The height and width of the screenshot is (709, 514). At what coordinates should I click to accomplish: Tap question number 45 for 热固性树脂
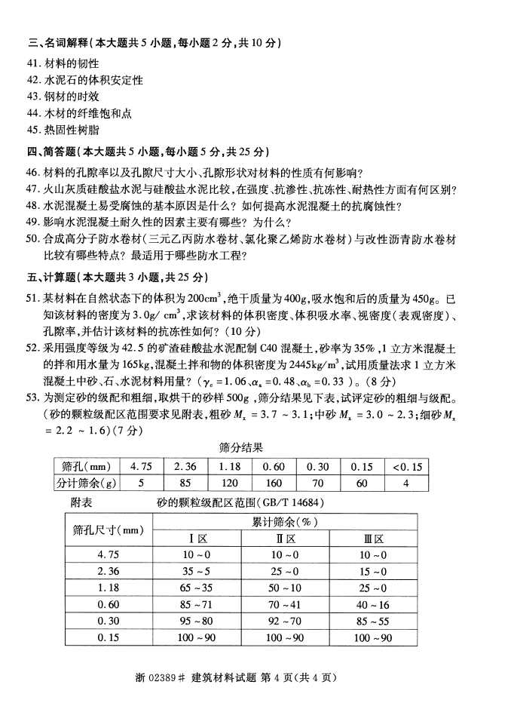click(32, 130)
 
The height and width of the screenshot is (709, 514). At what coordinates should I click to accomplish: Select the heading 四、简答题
click(53, 151)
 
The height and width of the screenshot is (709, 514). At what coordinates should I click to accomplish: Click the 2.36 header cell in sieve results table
click(185, 466)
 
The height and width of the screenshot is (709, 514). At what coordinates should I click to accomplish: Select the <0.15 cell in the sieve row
click(407, 466)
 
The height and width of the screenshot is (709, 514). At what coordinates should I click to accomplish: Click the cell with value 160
click(274, 483)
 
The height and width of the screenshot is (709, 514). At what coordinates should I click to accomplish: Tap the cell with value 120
click(230, 483)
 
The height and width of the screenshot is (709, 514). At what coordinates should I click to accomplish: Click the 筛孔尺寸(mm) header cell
click(106, 529)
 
